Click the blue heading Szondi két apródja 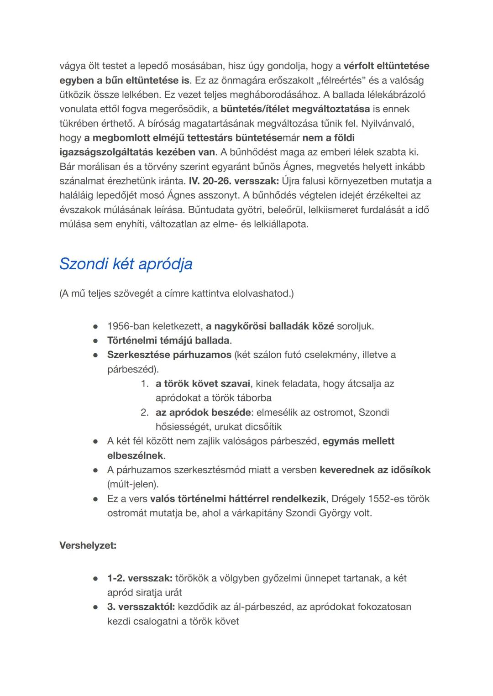point(126,264)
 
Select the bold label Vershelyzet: point(88,545)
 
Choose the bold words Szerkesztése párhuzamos point(169,355)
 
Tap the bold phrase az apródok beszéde point(203,412)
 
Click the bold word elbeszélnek point(135,455)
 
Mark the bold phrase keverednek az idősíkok point(375,470)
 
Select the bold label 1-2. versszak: point(139,578)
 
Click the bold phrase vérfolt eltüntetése point(386,66)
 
